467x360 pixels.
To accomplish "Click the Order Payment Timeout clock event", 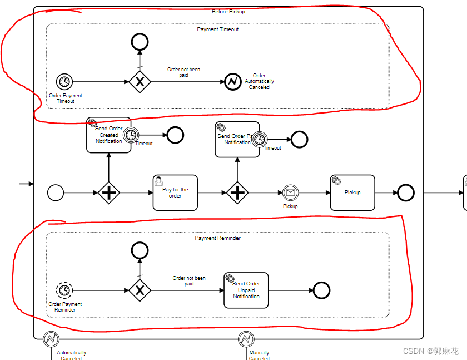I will [x=65, y=82].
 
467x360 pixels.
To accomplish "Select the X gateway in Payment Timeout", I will [x=140, y=82].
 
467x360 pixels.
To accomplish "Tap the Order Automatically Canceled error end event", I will [x=233, y=82].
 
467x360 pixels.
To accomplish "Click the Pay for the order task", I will [x=175, y=193].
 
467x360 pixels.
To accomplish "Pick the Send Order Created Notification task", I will [x=108, y=135].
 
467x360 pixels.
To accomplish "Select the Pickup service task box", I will [x=352, y=193].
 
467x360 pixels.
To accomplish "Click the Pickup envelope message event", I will [x=290, y=193].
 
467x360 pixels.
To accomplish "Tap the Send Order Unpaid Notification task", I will [x=246, y=290].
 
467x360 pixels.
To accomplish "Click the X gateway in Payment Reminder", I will [x=140, y=290].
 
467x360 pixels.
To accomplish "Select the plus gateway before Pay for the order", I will [x=109, y=193].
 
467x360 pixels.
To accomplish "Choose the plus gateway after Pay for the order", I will [x=237, y=193].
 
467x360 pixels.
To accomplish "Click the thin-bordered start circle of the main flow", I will [x=56, y=193].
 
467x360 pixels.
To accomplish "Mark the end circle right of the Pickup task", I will [x=406, y=193].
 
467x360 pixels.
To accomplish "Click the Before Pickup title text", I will [x=228, y=11].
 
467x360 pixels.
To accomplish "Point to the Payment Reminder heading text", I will [x=218, y=238].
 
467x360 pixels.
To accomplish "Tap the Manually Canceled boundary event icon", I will [x=246, y=338].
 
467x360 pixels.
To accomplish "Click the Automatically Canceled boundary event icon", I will [x=51, y=338].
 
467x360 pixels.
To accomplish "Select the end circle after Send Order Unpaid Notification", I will [x=321, y=290].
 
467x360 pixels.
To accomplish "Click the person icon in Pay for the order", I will [x=159, y=181].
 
